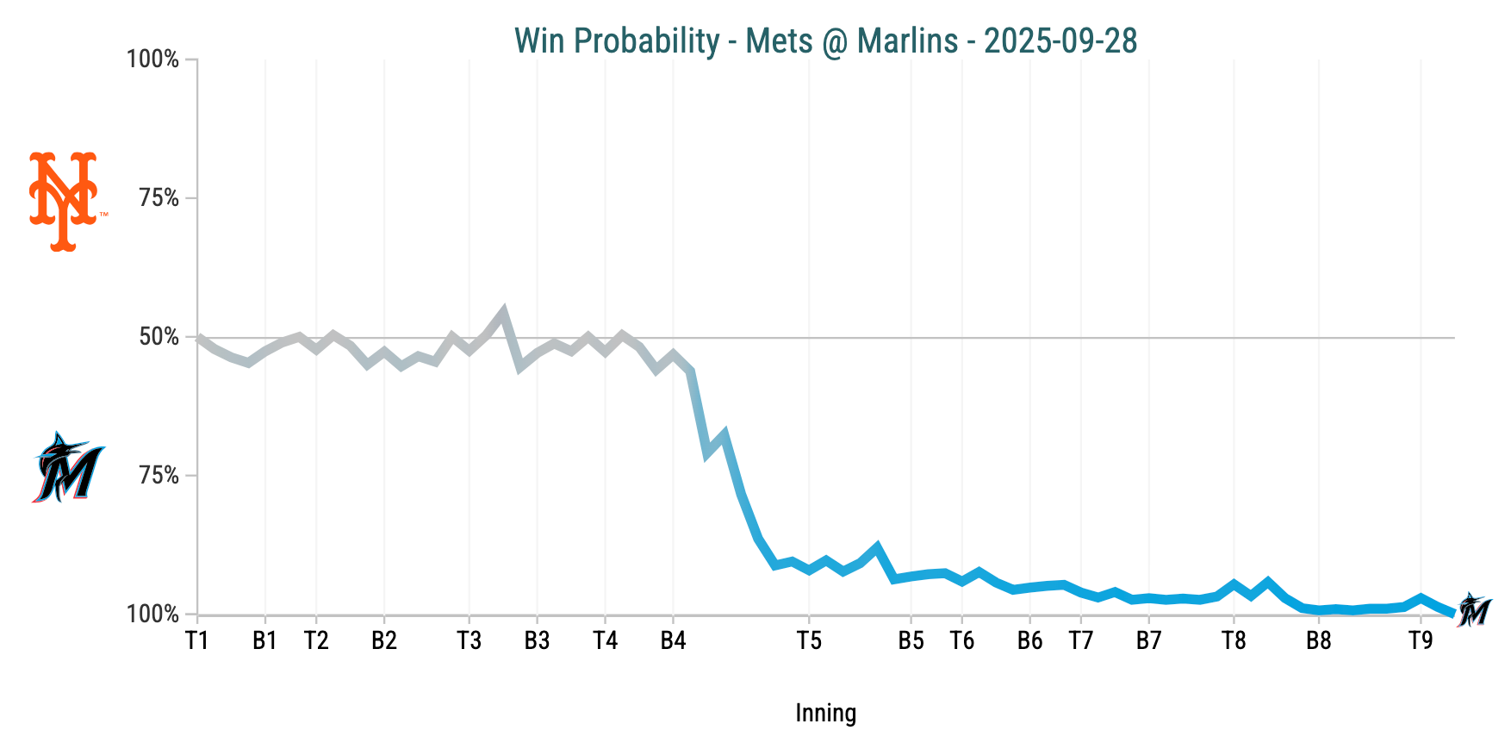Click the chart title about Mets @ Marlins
(x=824, y=41)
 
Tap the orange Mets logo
(x=63, y=201)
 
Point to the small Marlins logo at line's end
(x=1475, y=609)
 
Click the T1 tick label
(x=197, y=640)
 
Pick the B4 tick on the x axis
(x=673, y=640)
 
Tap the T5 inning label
(x=809, y=640)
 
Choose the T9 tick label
(x=1421, y=640)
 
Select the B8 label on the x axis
(x=1319, y=640)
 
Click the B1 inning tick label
(x=264, y=640)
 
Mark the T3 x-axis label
(x=469, y=640)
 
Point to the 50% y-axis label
(x=159, y=337)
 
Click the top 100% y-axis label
(x=153, y=59)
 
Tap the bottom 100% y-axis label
(x=153, y=615)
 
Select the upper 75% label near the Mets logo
(x=159, y=198)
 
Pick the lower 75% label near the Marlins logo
(x=159, y=476)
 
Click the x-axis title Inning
(x=825, y=714)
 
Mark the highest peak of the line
(x=503, y=311)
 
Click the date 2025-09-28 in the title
(x=1060, y=41)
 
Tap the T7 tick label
(x=1081, y=640)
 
